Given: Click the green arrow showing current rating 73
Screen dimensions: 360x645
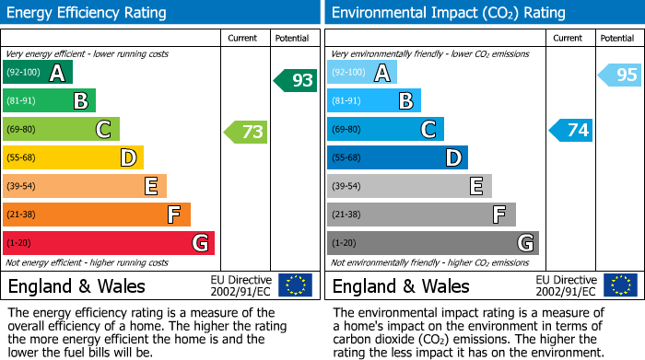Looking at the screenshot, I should [x=246, y=132].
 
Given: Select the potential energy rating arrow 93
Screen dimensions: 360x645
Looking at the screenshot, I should [x=295, y=81].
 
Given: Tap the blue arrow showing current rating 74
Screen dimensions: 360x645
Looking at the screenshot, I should [x=571, y=131].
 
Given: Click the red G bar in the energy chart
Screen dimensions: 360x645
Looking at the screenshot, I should [x=109, y=243].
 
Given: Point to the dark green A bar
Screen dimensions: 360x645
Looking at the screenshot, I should [x=38, y=73].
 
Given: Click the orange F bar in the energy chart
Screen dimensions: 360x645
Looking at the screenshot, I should [x=97, y=215].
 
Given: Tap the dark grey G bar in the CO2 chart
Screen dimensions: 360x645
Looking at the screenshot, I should [x=432, y=243].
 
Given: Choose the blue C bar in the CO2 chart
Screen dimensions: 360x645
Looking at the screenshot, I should [x=385, y=130].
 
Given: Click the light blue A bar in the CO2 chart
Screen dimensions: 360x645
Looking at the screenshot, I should [x=362, y=73].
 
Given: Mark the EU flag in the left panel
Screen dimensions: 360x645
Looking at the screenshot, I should [x=295, y=285].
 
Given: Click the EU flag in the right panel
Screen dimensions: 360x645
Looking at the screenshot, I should [x=622, y=285].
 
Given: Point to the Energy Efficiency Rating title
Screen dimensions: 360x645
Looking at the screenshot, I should [x=88, y=13].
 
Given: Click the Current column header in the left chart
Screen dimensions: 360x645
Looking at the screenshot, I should [x=243, y=38].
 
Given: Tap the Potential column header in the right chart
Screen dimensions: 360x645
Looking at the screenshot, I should [x=616, y=38].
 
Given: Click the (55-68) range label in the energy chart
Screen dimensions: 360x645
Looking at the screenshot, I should [x=21, y=158].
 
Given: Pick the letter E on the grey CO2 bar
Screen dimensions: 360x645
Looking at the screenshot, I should [x=476, y=187].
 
